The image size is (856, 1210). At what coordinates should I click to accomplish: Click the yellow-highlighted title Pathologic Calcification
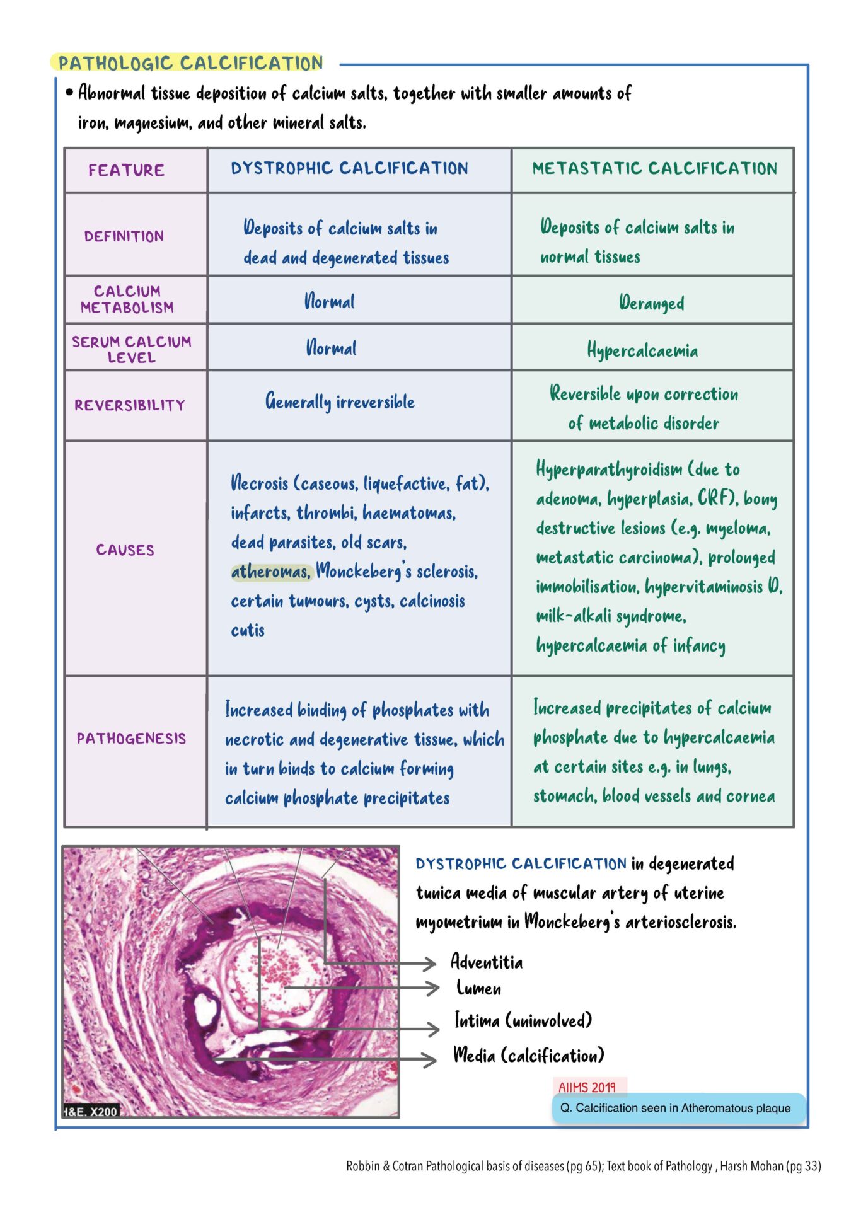190,63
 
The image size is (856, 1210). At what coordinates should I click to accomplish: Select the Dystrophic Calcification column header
349,168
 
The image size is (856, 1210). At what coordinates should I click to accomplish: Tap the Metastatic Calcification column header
654,168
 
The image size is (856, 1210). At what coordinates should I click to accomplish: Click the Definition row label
124,236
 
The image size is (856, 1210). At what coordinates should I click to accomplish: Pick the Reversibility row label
130,405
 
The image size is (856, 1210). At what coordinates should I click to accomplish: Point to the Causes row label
125,550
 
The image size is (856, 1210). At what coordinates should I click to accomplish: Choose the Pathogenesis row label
131,739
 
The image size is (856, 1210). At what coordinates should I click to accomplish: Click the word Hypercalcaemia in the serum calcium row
642,350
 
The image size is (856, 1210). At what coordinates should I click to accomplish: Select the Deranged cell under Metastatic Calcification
651,303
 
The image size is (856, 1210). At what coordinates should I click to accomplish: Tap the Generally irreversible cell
340,402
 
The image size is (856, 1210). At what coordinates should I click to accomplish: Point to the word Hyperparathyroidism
600,470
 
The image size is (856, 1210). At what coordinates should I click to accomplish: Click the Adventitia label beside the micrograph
486,962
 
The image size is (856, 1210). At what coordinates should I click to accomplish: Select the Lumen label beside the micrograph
478,988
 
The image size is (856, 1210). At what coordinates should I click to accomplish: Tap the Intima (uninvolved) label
523,1020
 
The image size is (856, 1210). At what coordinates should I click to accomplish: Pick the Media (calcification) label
528,1055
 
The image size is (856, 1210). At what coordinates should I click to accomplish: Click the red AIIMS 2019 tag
587,1087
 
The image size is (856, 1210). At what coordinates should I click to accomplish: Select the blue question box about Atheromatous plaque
678,1108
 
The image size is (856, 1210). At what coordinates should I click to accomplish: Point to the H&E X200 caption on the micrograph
91,1112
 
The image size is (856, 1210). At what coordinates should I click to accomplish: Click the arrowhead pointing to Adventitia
431,963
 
